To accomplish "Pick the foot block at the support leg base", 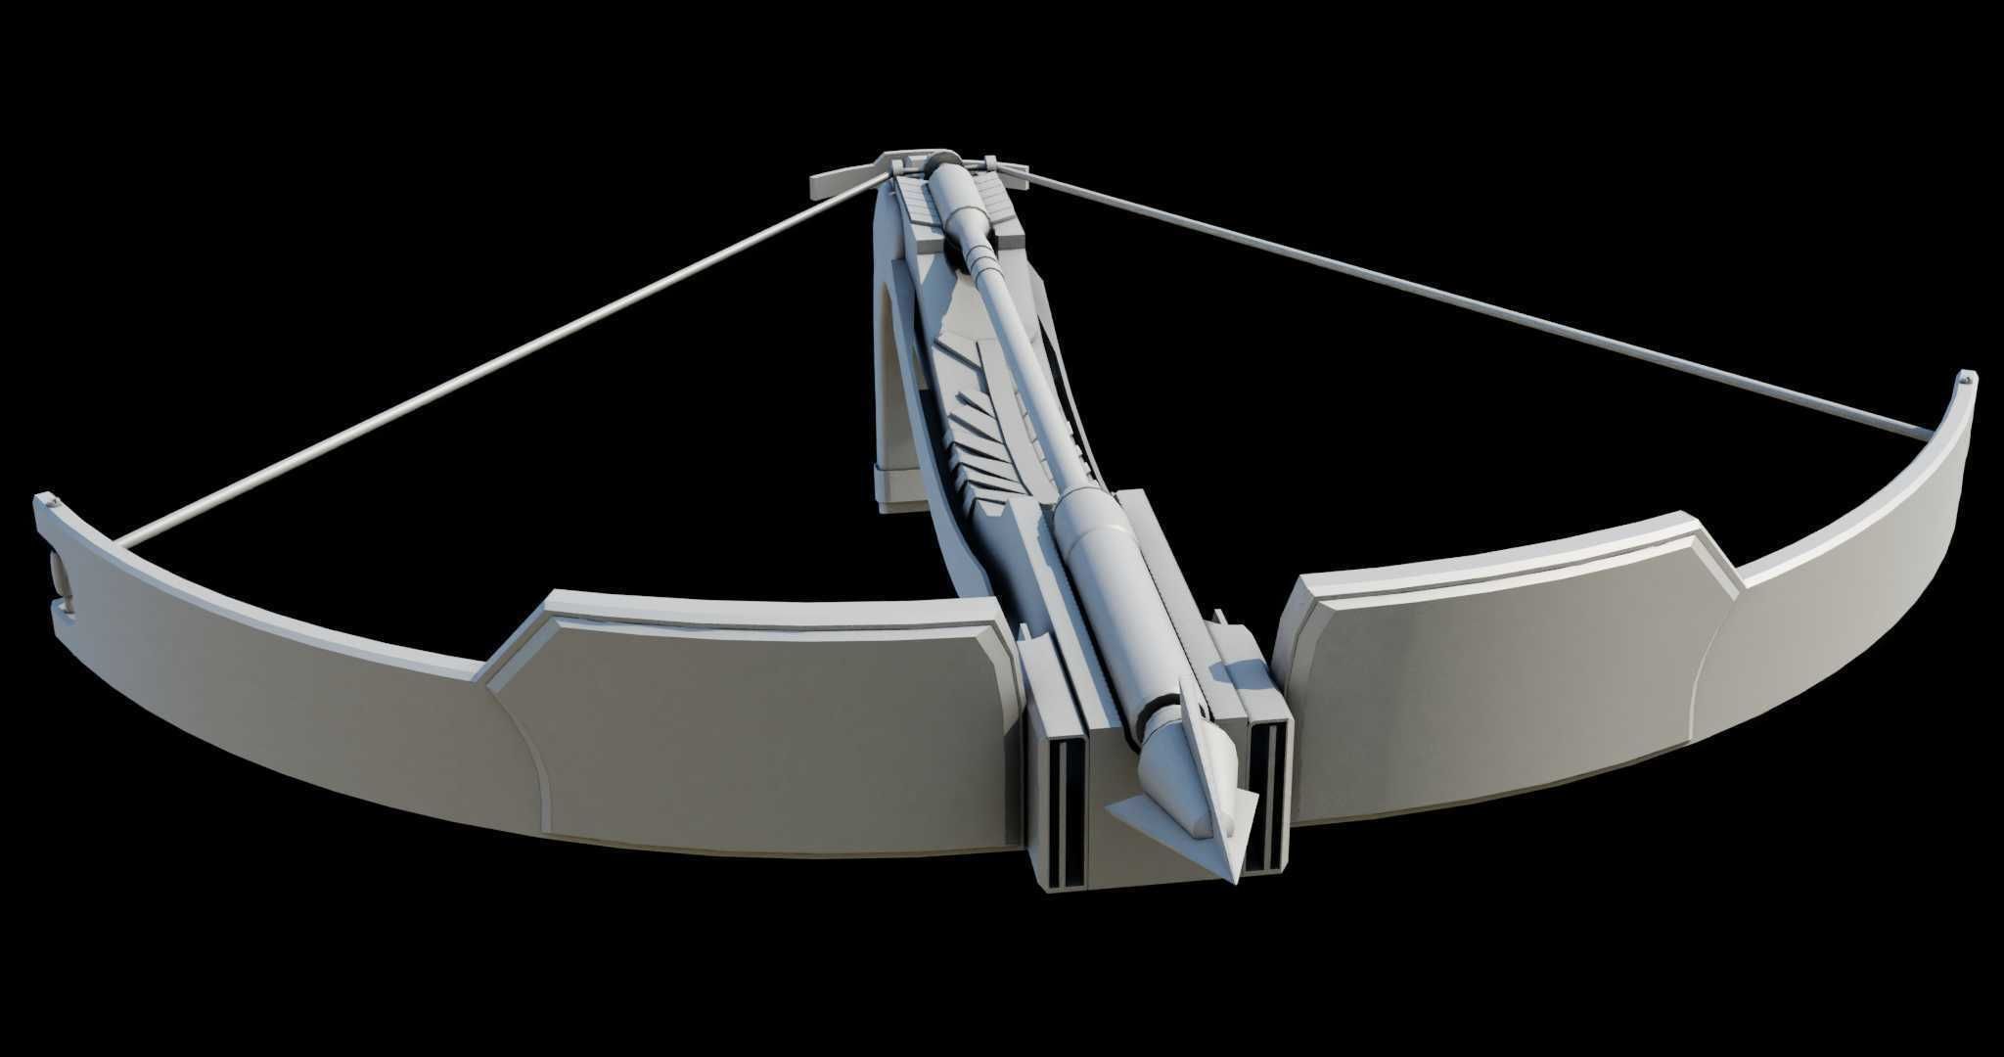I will [896, 487].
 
